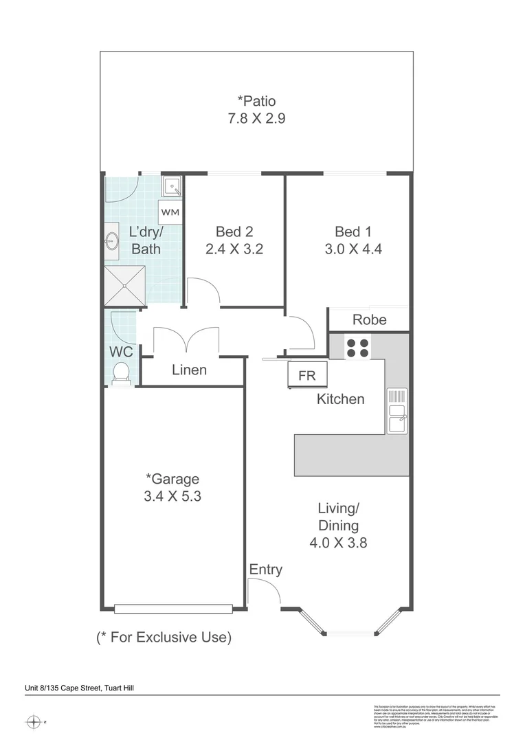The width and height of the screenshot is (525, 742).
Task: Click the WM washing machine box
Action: [x=170, y=212]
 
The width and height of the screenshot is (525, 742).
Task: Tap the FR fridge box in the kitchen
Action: [x=307, y=376]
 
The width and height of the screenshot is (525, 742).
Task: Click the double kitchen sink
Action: [x=396, y=411]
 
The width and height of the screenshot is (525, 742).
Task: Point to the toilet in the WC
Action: [x=121, y=373]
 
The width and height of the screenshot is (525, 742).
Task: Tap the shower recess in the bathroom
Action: [x=124, y=285]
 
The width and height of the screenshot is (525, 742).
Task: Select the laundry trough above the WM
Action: [x=171, y=187]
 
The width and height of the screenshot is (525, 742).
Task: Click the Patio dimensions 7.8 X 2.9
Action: [x=256, y=118]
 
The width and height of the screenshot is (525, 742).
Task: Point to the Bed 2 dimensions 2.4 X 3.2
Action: [x=234, y=249]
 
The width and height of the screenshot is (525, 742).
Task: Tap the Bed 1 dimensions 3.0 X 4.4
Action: [x=354, y=249]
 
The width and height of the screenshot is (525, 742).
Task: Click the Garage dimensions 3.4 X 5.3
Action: [x=172, y=496]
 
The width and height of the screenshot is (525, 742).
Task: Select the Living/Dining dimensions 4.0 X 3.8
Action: [x=338, y=543]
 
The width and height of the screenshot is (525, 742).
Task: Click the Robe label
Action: [x=369, y=319]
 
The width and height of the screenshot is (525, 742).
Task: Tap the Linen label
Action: [x=189, y=370]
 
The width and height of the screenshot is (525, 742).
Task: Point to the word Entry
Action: [x=265, y=570]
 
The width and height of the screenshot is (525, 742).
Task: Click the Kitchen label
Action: [x=340, y=399]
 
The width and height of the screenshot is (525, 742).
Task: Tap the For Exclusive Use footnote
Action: [x=164, y=638]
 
